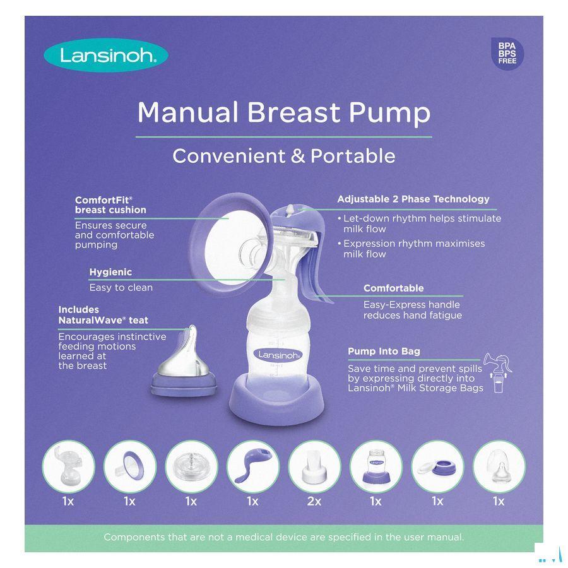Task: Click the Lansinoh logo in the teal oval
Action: pos(106,56)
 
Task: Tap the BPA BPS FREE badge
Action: pos(507,53)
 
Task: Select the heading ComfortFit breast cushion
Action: pos(110,204)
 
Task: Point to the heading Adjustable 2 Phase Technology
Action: pos(413,199)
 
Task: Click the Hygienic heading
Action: pos(110,272)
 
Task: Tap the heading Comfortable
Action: pos(393,288)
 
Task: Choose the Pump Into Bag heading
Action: pos(384,351)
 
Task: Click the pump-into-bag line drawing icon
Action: pos(498,373)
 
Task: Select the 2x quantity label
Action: pos(314,501)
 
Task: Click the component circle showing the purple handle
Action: pos(252,467)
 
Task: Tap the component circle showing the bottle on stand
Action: pos(376,467)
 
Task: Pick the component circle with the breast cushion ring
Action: pos(129,467)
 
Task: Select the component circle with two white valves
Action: pos(314,467)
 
